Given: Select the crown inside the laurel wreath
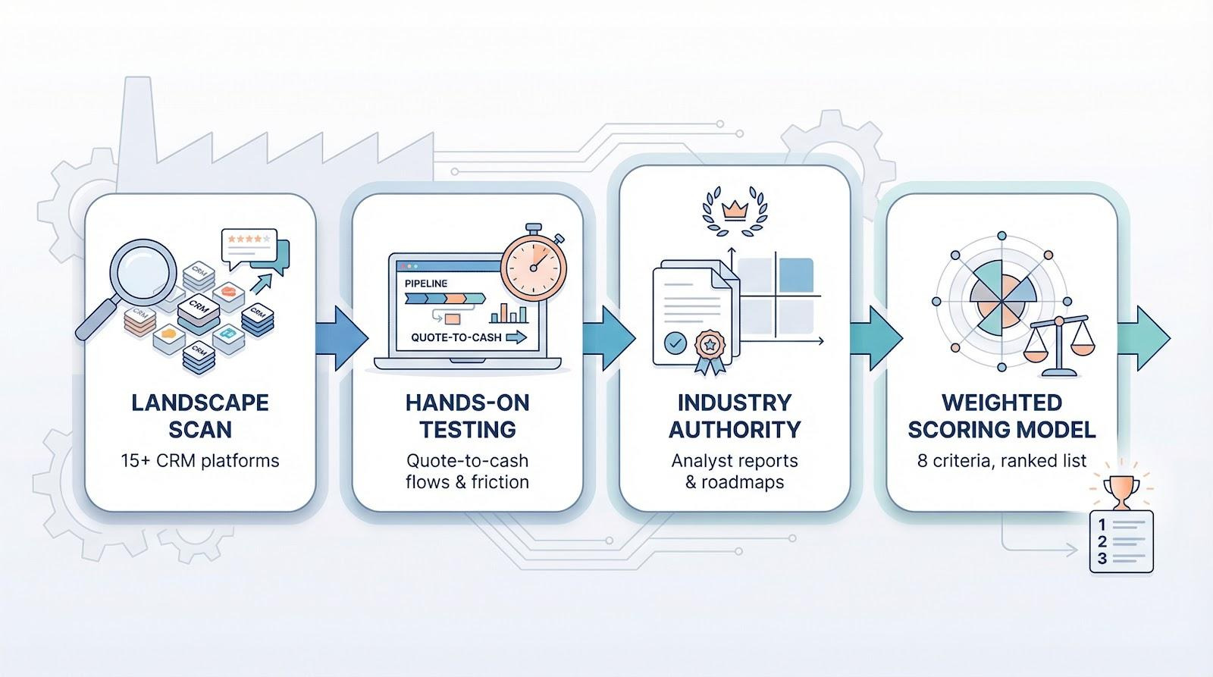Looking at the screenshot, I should (734, 210).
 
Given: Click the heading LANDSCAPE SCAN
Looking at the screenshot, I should (199, 415).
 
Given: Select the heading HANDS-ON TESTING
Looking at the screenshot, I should (467, 415).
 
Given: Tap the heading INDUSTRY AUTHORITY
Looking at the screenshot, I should (734, 415).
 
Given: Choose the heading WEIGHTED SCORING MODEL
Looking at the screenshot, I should (1001, 415).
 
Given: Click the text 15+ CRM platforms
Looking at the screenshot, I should (199, 460).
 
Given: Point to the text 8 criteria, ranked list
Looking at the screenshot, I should (1001, 460).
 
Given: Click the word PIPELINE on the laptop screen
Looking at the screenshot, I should (426, 283).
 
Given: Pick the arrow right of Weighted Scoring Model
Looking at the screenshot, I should (1145, 337).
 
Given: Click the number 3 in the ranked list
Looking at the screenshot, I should (1102, 558).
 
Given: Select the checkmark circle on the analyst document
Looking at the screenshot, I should (674, 343).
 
